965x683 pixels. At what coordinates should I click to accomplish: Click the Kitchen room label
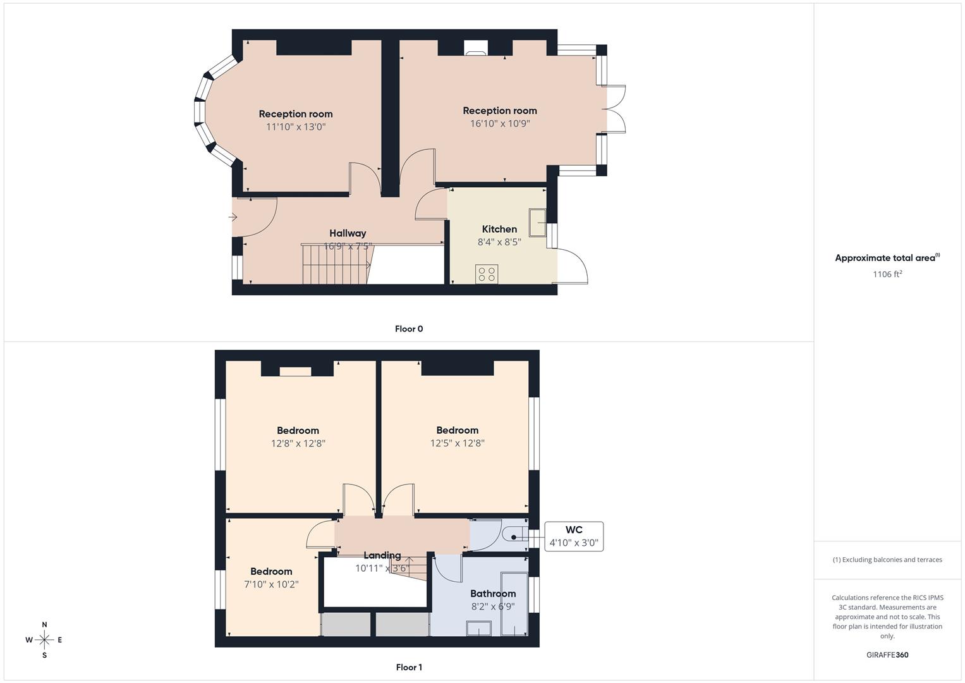tap(499, 229)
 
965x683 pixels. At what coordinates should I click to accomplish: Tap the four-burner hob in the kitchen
tap(487, 274)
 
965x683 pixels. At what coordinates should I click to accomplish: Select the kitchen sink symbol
tap(538, 222)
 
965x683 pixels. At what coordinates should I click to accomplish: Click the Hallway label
tap(348, 233)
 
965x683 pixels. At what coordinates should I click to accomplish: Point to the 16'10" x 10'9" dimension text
tap(499, 124)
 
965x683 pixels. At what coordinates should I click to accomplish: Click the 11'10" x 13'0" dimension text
tap(296, 127)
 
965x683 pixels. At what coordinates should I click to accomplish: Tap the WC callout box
tap(574, 536)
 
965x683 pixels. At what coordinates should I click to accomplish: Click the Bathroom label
tap(493, 593)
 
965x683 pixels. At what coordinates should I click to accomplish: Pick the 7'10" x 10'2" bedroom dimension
tap(271, 584)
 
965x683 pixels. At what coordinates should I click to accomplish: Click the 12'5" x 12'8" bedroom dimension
tap(457, 443)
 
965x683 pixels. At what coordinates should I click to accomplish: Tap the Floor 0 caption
tap(409, 329)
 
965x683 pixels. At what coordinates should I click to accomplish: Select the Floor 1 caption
tap(409, 667)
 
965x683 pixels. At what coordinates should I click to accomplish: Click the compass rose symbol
tap(44, 640)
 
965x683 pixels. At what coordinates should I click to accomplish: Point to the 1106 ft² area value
tap(887, 274)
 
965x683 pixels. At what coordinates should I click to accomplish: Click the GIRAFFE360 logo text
tap(887, 655)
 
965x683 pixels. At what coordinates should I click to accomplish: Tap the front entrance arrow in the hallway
tap(233, 218)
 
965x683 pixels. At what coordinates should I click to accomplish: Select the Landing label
tap(382, 555)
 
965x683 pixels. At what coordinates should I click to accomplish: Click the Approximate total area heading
tap(887, 258)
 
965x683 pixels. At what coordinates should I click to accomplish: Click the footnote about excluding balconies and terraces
tap(887, 560)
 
